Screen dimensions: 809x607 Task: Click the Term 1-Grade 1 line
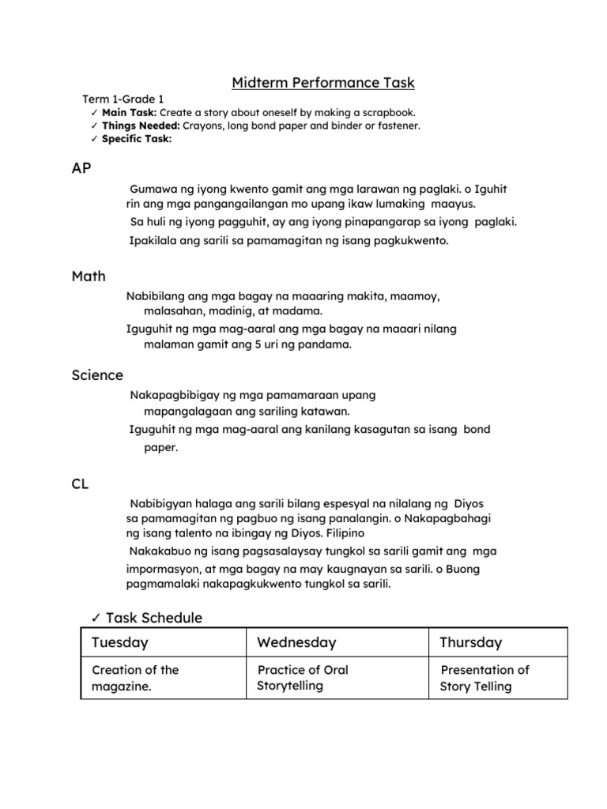(x=123, y=100)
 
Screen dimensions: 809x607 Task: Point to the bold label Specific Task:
(x=137, y=139)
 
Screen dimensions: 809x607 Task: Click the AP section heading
(x=81, y=168)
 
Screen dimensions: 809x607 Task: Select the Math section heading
(x=89, y=277)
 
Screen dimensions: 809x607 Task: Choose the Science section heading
(x=97, y=375)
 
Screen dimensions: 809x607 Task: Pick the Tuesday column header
(x=120, y=643)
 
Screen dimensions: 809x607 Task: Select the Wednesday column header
(x=296, y=643)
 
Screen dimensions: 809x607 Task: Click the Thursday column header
(x=470, y=643)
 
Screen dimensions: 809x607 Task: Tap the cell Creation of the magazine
(x=135, y=679)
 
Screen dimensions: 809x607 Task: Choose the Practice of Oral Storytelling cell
(x=303, y=678)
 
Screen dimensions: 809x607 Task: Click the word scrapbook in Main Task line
(x=386, y=113)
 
